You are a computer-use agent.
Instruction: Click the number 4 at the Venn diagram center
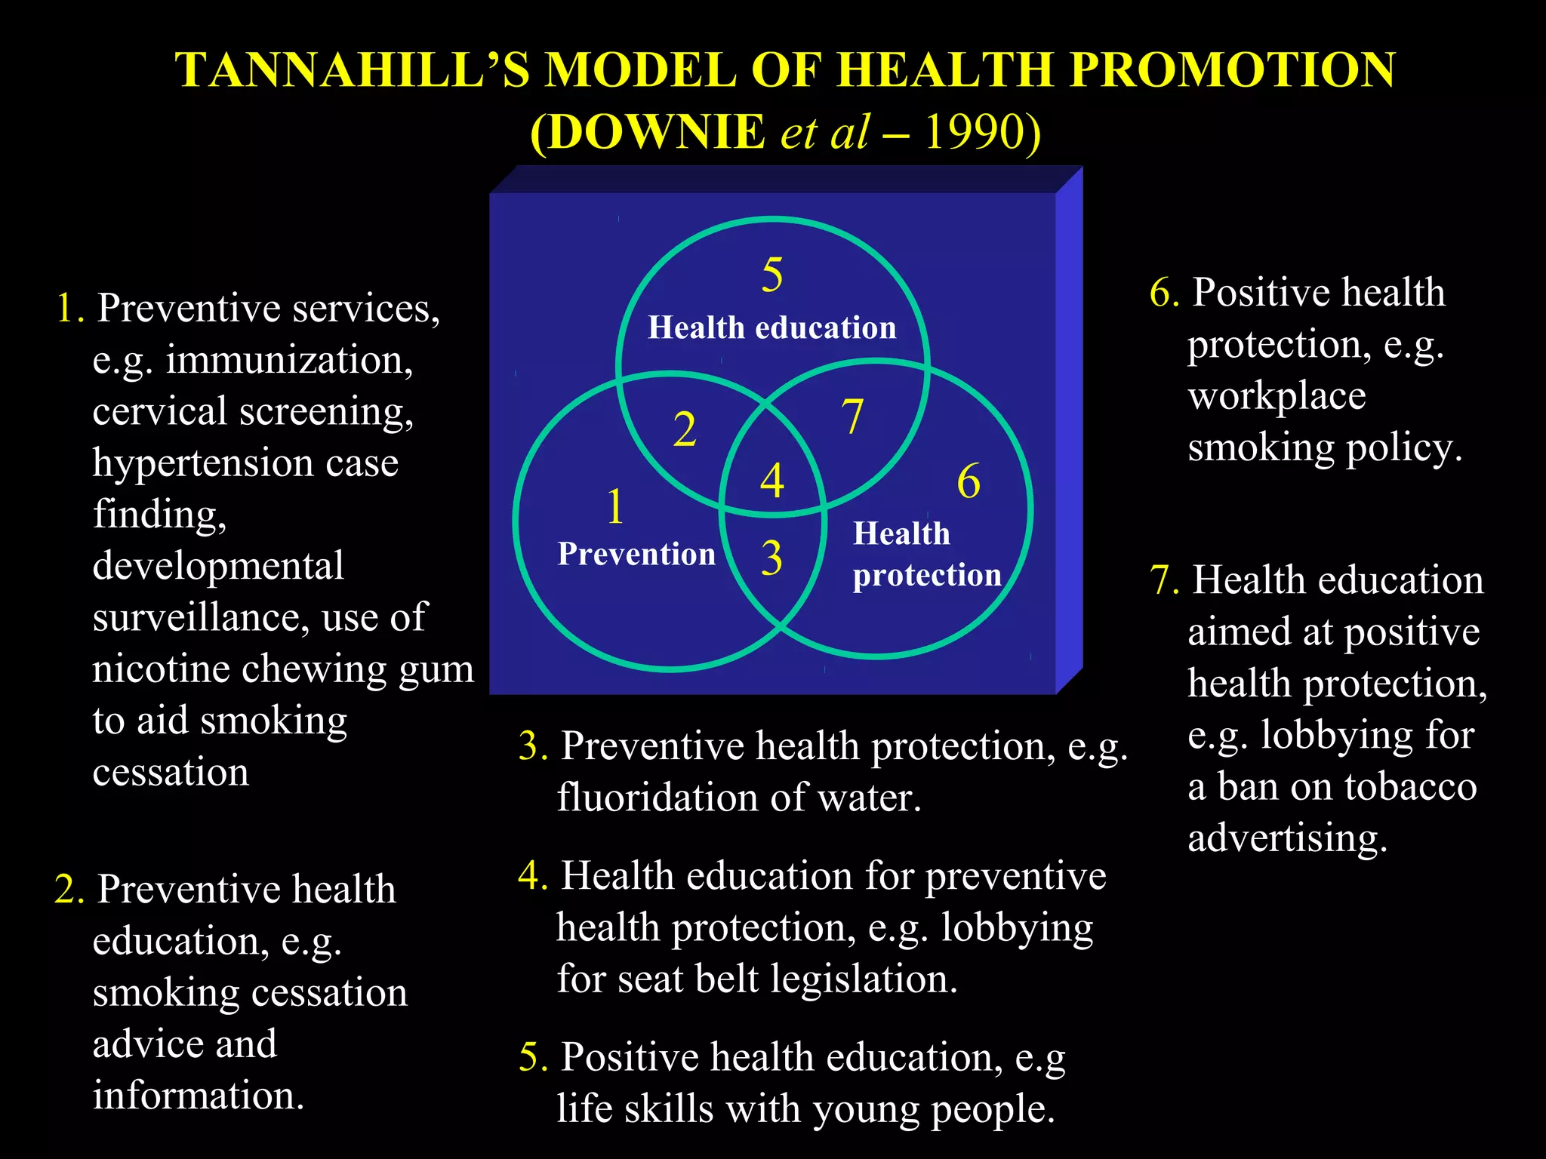[x=772, y=481]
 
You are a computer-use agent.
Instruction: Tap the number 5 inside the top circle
[x=772, y=275]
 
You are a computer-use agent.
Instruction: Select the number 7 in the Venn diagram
[x=852, y=417]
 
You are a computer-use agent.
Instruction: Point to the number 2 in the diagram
[x=685, y=430]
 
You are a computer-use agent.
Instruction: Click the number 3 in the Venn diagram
[x=771, y=558]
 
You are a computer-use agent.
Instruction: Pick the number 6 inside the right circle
[x=969, y=482]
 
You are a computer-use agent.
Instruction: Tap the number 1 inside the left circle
[x=615, y=506]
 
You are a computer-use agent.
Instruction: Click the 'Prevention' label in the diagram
[x=636, y=554]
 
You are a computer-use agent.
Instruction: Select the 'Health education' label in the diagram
[x=772, y=328]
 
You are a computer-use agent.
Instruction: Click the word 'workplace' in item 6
[x=1277, y=397]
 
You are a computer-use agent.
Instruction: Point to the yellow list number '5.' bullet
[x=533, y=1058]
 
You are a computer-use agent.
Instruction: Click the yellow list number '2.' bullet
[x=69, y=890]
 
